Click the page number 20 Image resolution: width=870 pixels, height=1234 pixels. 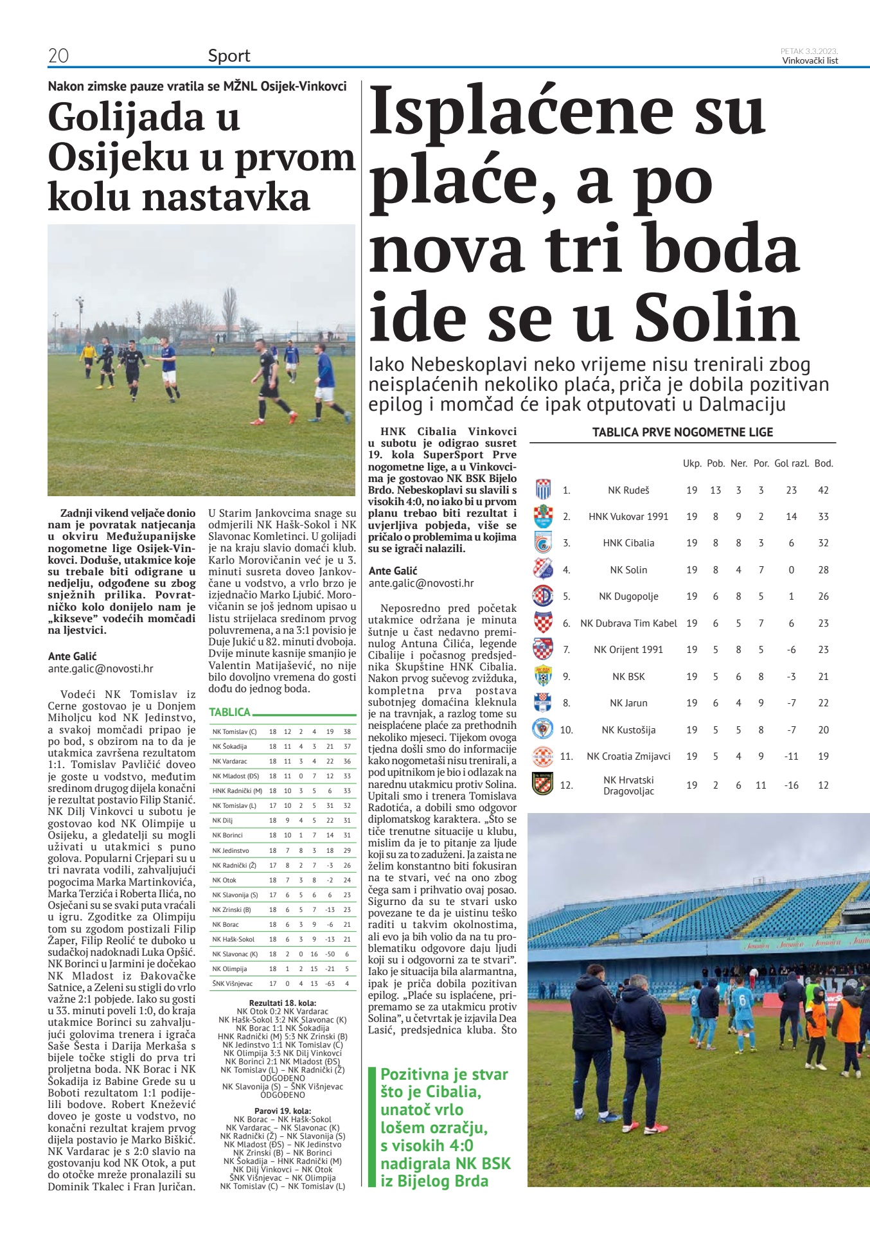pyautogui.click(x=58, y=56)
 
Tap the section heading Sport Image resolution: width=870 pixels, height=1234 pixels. pyautogui.click(x=229, y=56)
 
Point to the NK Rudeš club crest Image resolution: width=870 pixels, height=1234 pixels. pyautogui.click(x=543, y=490)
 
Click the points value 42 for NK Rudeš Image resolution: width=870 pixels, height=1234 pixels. pyautogui.click(x=823, y=490)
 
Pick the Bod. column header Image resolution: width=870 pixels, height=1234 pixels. pyautogui.click(x=823, y=463)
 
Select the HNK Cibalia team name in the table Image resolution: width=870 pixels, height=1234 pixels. pyautogui.click(x=628, y=543)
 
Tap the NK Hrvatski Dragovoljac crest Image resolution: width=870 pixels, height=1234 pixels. pyautogui.click(x=543, y=784)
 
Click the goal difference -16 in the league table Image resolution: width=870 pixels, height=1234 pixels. pyautogui.click(x=791, y=785)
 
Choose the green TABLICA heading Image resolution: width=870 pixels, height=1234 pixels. pyautogui.click(x=230, y=712)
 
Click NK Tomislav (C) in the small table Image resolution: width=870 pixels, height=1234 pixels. pyautogui.click(x=235, y=732)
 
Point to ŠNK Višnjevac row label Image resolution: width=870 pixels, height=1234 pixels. pyautogui.click(x=233, y=983)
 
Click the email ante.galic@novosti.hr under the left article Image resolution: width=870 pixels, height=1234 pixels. pyautogui.click(x=101, y=668)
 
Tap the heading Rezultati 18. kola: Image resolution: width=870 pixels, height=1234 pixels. pyautogui.click(x=283, y=1003)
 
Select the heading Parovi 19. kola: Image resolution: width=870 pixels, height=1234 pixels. pyautogui.click(x=283, y=1111)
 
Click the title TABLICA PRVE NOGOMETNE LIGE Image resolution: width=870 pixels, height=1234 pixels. pyautogui.click(x=682, y=433)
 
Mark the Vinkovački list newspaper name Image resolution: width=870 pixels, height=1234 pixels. pyautogui.click(x=810, y=61)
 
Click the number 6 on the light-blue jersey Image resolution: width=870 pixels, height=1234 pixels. pyautogui.click(x=742, y=999)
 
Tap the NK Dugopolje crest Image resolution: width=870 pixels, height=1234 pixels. pyautogui.click(x=543, y=596)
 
